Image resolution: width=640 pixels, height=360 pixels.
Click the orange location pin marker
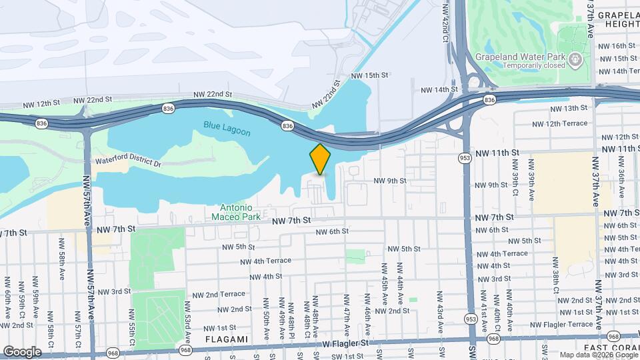pos(321,159)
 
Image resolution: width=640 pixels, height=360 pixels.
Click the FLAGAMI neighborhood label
pos(227,339)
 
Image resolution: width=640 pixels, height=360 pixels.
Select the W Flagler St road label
pos(346,343)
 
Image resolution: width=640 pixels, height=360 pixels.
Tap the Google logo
pos(22,351)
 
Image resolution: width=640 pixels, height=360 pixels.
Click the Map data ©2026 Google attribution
pos(599,355)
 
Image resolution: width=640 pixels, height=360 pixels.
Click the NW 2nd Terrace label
pos(219,294)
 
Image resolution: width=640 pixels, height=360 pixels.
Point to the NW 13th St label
pos(561,108)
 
